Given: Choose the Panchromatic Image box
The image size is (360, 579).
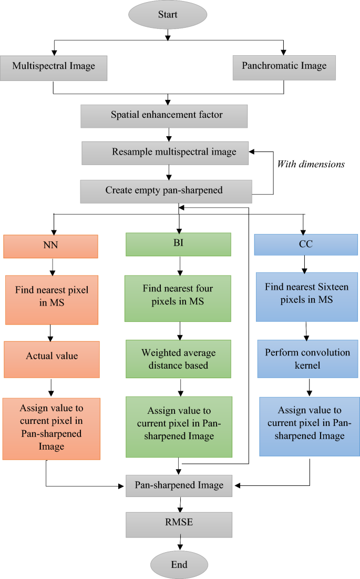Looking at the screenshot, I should coord(284,67).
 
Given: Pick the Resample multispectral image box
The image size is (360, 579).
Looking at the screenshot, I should coord(167,153).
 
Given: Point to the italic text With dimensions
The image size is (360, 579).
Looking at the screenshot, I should coord(311,164).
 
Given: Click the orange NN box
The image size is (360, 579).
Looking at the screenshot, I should coord(50,246).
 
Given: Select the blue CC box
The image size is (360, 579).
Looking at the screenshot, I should coord(302,245).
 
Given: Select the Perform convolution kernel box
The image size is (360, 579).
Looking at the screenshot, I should coord(308,359).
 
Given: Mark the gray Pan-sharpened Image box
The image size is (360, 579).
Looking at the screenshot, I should coord(179,485).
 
